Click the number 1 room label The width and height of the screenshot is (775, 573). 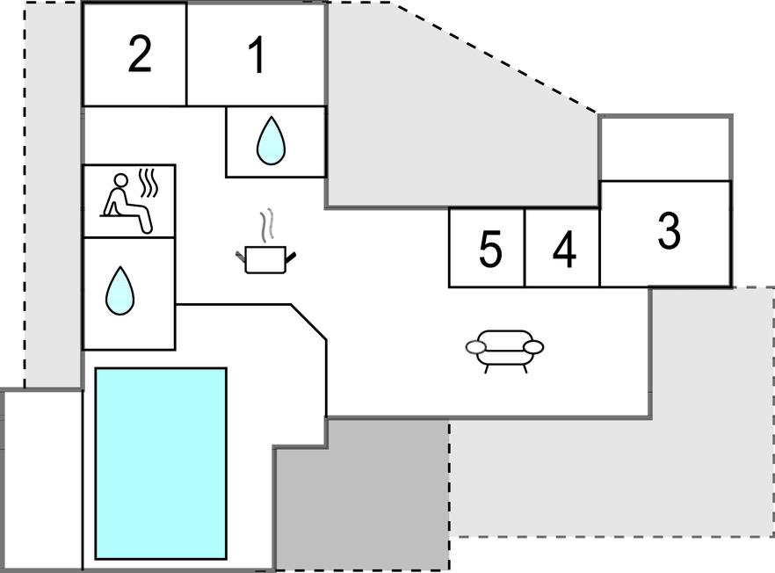(x=257, y=55)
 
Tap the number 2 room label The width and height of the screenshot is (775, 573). (x=139, y=54)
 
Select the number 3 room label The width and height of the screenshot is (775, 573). (x=669, y=231)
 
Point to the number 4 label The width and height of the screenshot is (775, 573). (x=564, y=250)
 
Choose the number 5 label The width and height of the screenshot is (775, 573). (x=490, y=250)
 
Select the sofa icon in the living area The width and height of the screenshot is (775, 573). (x=504, y=348)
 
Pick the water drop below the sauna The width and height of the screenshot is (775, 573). (x=120, y=292)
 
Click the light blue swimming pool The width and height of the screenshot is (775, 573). (x=161, y=463)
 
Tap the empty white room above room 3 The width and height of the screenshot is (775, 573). (x=665, y=149)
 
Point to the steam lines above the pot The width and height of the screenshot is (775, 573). (x=268, y=224)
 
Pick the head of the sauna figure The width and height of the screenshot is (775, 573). (x=121, y=181)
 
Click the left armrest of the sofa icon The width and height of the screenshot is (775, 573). (x=475, y=348)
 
